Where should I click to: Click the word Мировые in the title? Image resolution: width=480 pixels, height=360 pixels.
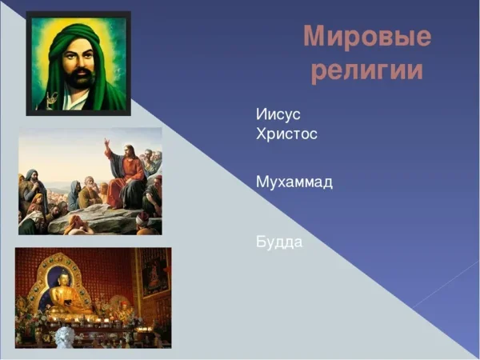coord(367,37)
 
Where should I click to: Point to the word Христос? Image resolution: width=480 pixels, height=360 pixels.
coord(286,134)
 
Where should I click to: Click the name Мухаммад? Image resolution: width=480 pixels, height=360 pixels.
coord(294,182)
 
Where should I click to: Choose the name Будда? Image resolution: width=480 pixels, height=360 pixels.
coord(279,241)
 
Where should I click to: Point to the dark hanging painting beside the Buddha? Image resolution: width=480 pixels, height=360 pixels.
coord(154,272)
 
